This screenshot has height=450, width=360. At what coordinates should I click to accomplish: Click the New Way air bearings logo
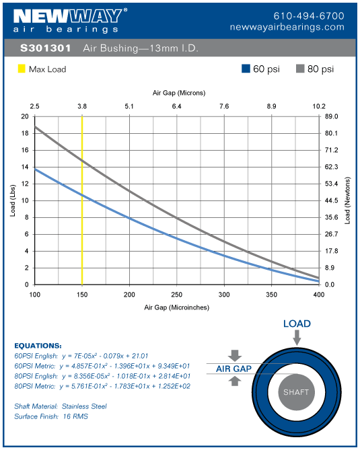67,20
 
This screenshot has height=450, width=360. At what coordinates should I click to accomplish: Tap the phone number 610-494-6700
309,15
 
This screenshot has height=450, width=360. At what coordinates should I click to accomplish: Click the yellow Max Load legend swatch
21,69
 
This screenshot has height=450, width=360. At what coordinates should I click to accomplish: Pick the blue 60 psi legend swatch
246,69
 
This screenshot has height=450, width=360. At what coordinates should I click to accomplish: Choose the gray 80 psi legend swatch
301,69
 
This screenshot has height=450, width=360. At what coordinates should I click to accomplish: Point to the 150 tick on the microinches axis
82,295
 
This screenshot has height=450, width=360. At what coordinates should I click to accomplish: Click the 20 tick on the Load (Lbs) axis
24,116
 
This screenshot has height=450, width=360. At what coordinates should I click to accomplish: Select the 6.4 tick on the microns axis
176,106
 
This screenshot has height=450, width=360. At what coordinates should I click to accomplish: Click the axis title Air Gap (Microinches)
176,307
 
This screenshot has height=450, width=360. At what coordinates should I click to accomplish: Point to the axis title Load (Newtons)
349,200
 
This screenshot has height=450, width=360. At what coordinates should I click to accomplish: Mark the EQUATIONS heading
38,345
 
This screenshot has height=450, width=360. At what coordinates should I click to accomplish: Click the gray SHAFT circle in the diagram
297,392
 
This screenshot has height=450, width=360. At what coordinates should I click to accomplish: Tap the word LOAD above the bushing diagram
297,324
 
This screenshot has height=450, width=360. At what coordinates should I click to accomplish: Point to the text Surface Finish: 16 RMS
51,416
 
